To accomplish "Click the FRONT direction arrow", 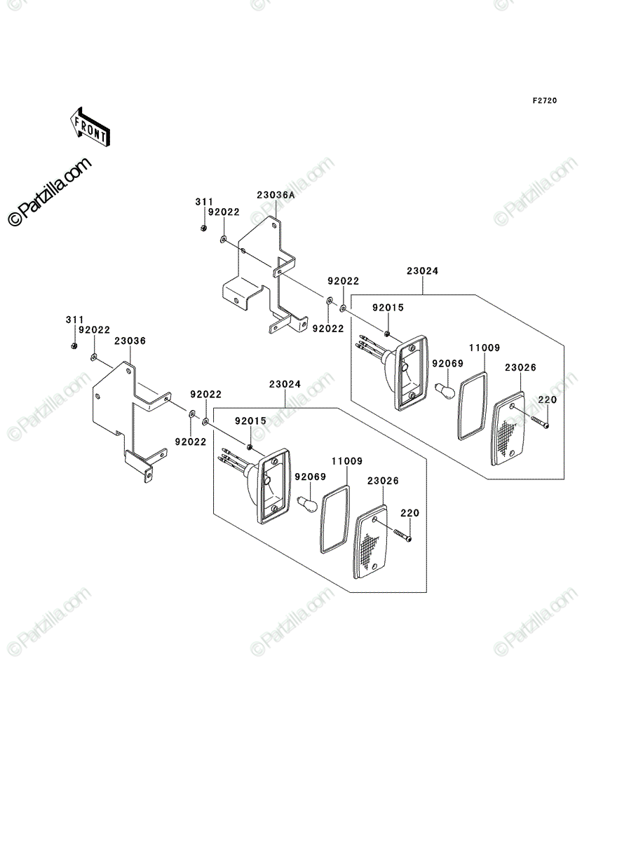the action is [90, 126].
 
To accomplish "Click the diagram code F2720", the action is [545, 101].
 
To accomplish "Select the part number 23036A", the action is [276, 195].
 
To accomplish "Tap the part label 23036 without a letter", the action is [130, 341].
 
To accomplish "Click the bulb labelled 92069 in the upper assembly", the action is [445, 390].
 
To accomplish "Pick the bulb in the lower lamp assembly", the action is [308, 503].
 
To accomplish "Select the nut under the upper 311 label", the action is [203, 228].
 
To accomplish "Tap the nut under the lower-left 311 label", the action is [74, 346].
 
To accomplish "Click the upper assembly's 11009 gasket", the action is [472, 405].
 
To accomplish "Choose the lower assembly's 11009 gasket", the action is [334, 519].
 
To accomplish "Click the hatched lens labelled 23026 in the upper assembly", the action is [508, 428].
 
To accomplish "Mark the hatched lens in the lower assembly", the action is [371, 542].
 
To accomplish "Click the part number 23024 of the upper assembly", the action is [422, 271].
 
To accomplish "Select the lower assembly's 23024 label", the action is [285, 384].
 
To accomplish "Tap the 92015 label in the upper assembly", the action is [388, 308].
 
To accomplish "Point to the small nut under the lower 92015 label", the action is [249, 446].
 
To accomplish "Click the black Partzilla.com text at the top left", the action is [49, 191].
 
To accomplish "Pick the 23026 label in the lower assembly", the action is [383, 481].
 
